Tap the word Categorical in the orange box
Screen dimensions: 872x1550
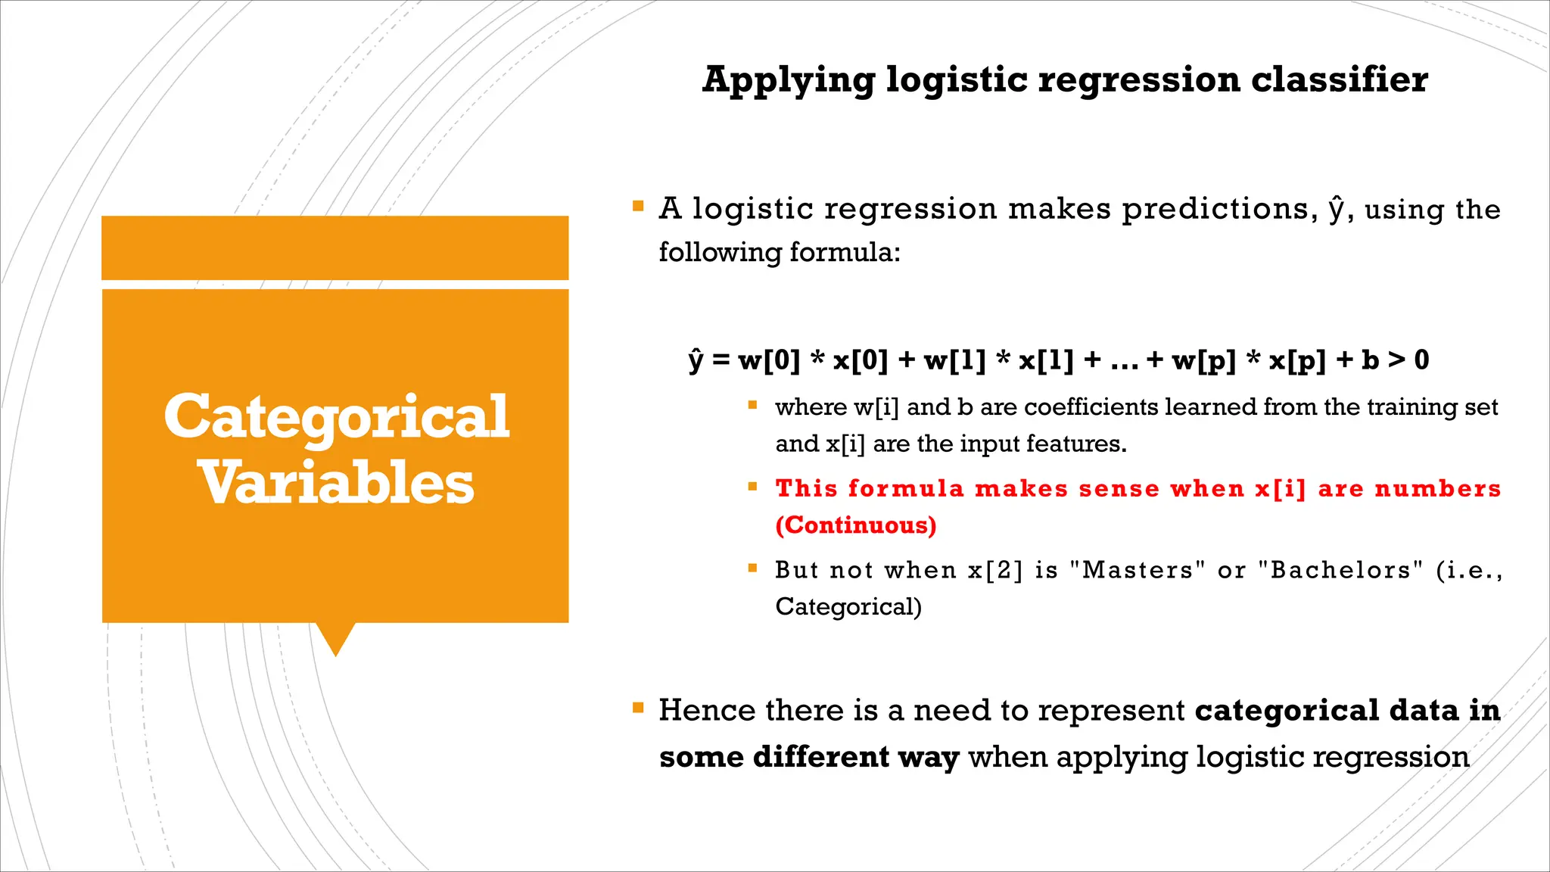click(x=336, y=417)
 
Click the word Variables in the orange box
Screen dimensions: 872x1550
click(x=336, y=484)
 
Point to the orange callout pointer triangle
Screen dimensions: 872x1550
click(x=335, y=637)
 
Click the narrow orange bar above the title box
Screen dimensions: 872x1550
click(x=335, y=248)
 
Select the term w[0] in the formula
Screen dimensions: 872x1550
click(x=769, y=360)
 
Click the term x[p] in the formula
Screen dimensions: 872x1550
click(x=1297, y=360)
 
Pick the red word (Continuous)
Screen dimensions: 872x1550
click(x=856, y=525)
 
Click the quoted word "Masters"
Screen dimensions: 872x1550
click(x=1138, y=570)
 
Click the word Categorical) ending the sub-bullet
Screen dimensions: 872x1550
click(x=848, y=607)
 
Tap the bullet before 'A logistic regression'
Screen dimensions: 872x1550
click(x=638, y=206)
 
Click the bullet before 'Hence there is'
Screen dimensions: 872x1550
click(x=638, y=708)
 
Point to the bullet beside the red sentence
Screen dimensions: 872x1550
click(x=752, y=487)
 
